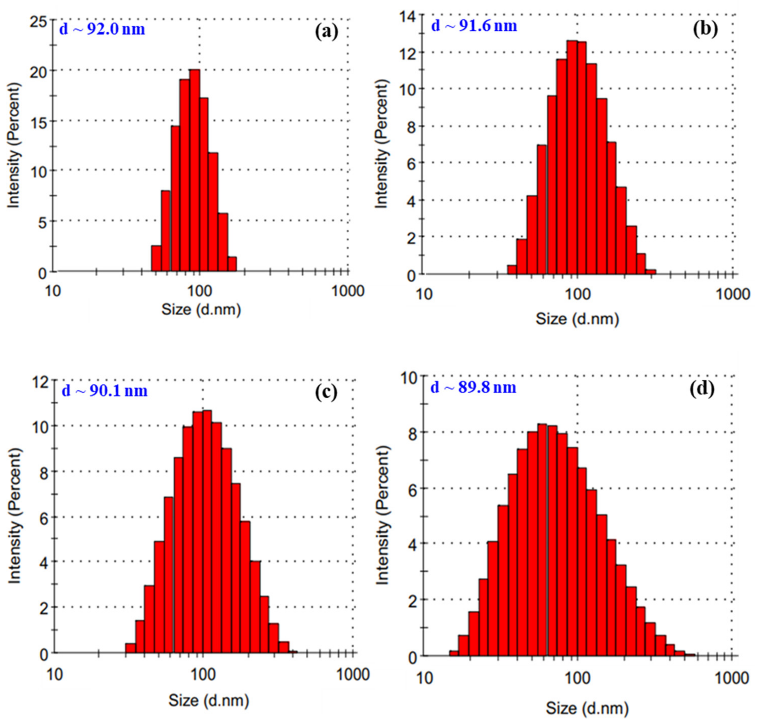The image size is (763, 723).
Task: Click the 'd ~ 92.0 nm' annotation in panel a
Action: [x=102, y=29]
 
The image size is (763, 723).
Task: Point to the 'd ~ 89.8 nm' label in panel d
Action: [x=473, y=387]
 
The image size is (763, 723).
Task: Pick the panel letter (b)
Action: [x=706, y=29]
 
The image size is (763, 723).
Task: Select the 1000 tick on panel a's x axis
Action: [x=348, y=291]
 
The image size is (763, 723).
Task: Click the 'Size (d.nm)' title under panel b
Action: [x=577, y=319]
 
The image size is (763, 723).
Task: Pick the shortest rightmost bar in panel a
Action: [x=232, y=264]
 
